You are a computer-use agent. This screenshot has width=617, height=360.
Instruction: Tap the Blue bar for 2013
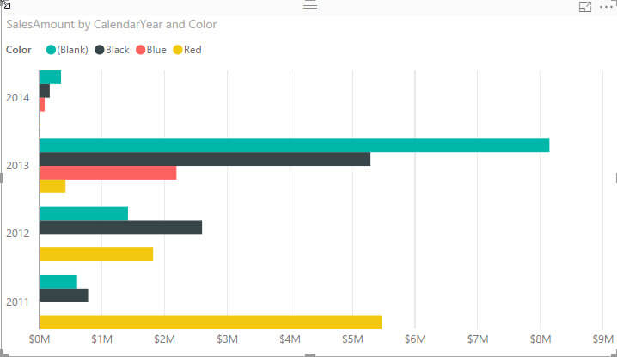[x=107, y=173]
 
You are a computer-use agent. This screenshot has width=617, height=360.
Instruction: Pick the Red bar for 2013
[x=52, y=186]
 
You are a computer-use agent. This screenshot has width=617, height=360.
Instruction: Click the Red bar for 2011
[x=211, y=322]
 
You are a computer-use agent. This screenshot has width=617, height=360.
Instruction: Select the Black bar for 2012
[x=120, y=227]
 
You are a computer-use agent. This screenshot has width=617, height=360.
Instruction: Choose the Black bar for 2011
[x=64, y=296]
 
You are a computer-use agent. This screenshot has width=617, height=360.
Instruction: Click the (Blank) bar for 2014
[x=50, y=77]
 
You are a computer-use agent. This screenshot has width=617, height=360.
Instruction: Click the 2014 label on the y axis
[x=18, y=98]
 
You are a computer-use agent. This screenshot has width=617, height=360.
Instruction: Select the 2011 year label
[x=18, y=302]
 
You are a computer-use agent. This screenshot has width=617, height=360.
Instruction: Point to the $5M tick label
[x=352, y=340]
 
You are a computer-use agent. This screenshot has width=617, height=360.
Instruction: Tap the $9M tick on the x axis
[x=603, y=340]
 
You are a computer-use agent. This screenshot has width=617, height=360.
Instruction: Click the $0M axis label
[x=40, y=340]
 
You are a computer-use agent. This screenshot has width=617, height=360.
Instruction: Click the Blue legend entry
[x=150, y=50]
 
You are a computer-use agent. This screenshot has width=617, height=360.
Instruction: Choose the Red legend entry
[x=187, y=50]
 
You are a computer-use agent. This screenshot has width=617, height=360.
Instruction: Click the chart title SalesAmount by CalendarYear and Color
[x=111, y=25]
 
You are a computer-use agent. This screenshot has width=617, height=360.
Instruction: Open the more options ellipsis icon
[x=607, y=7]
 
